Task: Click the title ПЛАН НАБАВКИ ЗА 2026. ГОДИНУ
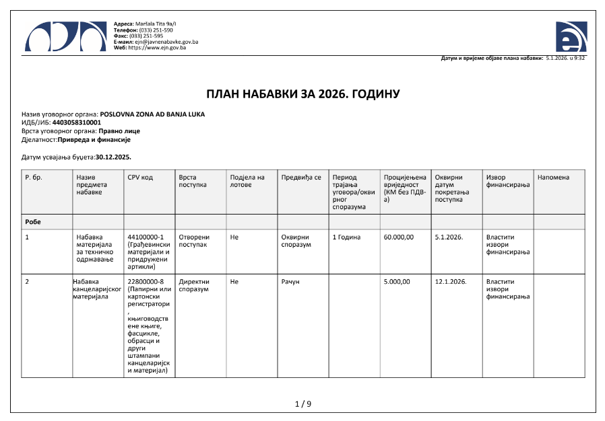pos(302,94)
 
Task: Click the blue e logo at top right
pos(571,36)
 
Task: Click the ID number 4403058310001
pos(76,122)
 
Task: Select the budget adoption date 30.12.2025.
pos(113,157)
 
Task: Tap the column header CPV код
pos(140,178)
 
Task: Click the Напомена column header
pos(553,178)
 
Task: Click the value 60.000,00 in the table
pos(398,237)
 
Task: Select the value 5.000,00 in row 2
pos(396,282)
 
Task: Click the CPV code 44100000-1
pos(146,237)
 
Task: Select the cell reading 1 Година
pos(347,237)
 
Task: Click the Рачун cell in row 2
pos(290,282)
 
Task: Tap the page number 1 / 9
pos(303,404)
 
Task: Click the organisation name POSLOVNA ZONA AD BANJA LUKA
pos(152,114)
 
